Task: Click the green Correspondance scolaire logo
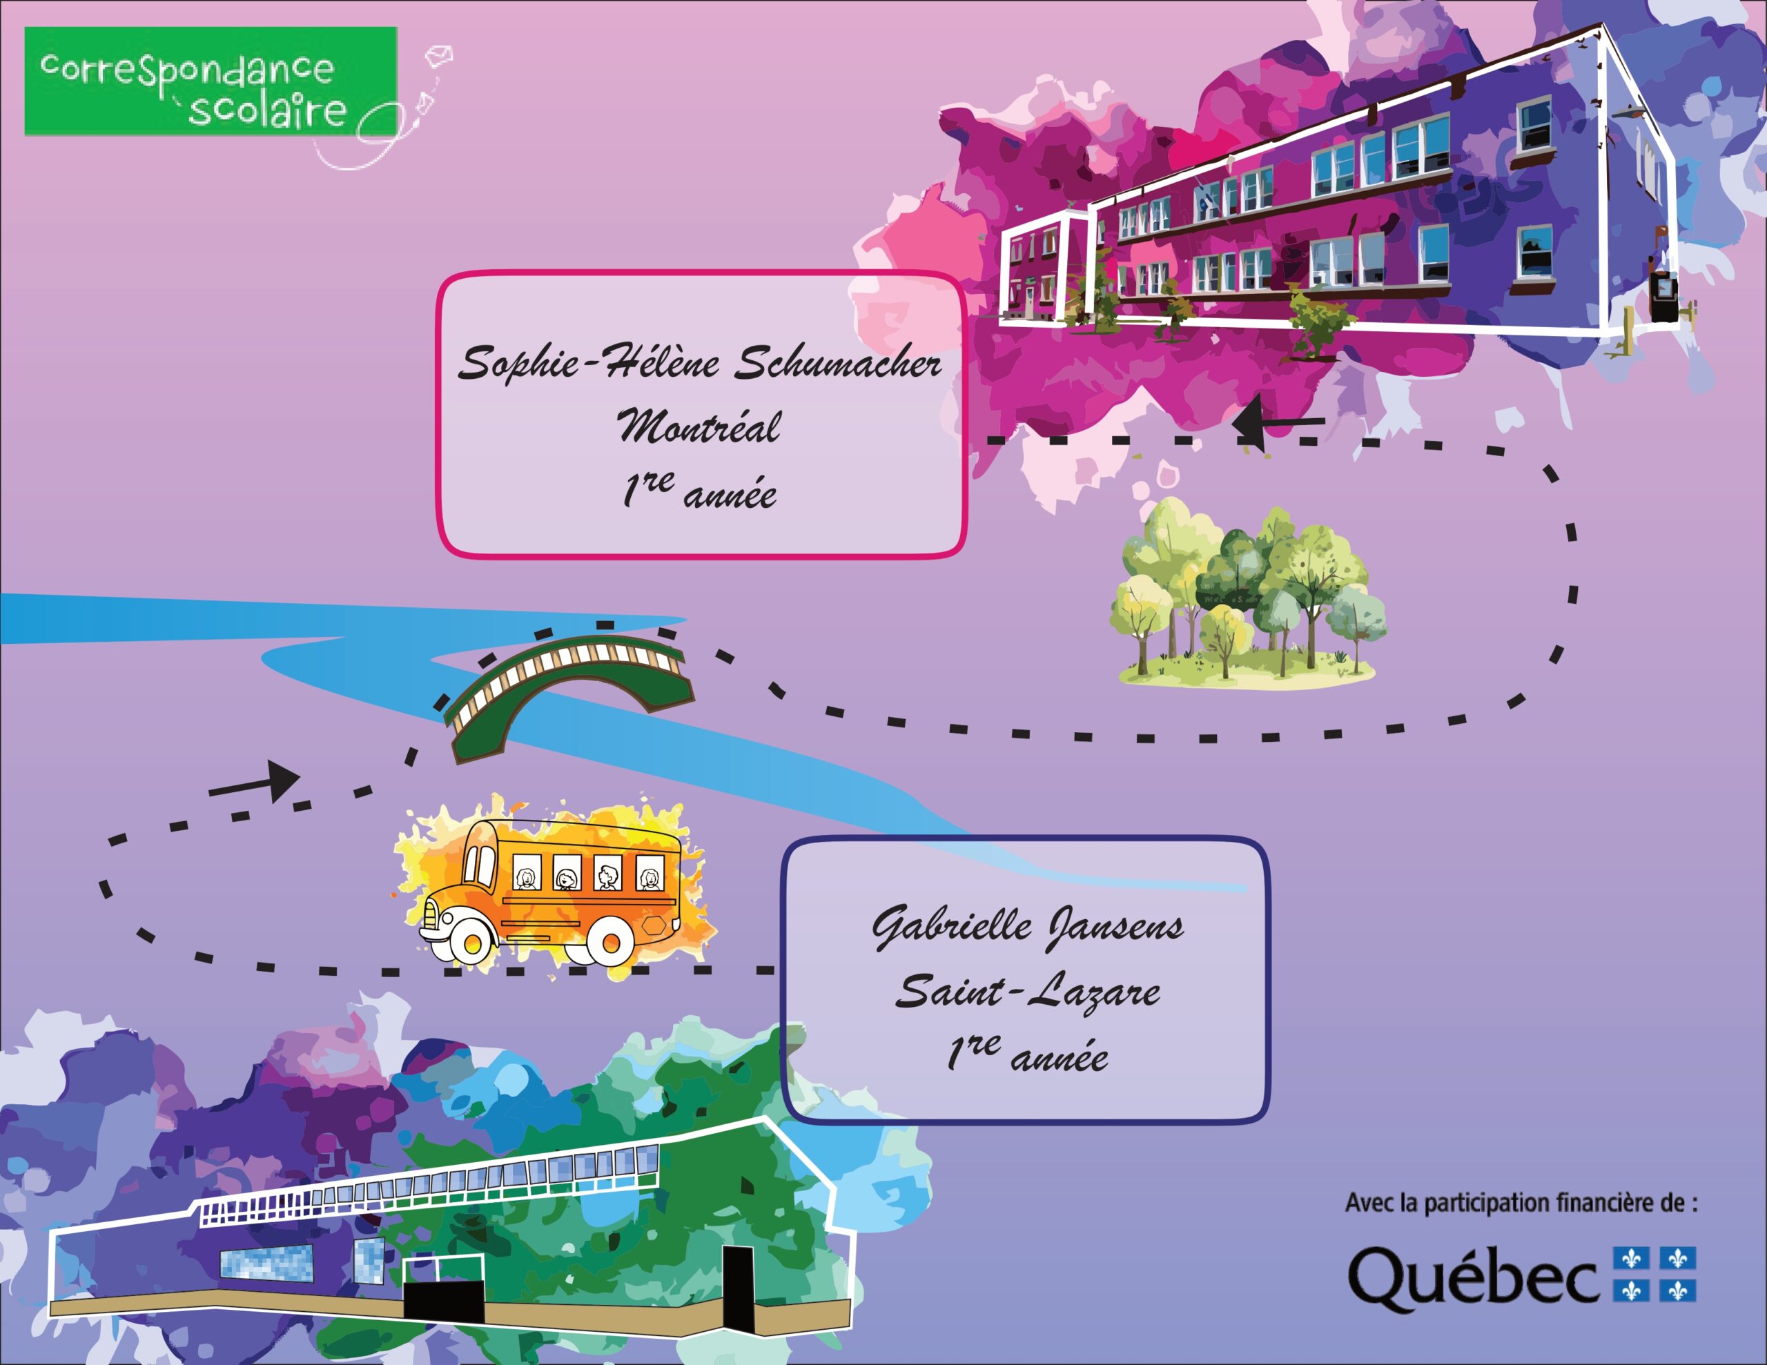211,81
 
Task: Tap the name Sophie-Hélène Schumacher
700,362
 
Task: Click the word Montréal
700,426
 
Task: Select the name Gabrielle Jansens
1028,927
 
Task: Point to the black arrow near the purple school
1278,422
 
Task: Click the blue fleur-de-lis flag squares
1654,1275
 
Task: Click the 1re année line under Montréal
700,491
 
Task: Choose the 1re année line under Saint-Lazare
1028,1054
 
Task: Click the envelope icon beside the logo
438,55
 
